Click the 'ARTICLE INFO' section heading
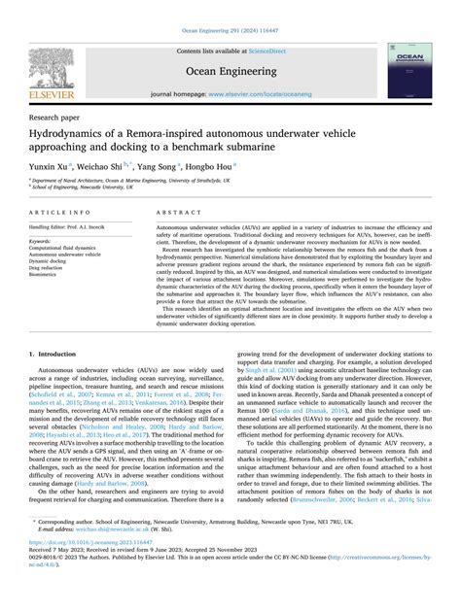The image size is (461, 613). click(x=61, y=213)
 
